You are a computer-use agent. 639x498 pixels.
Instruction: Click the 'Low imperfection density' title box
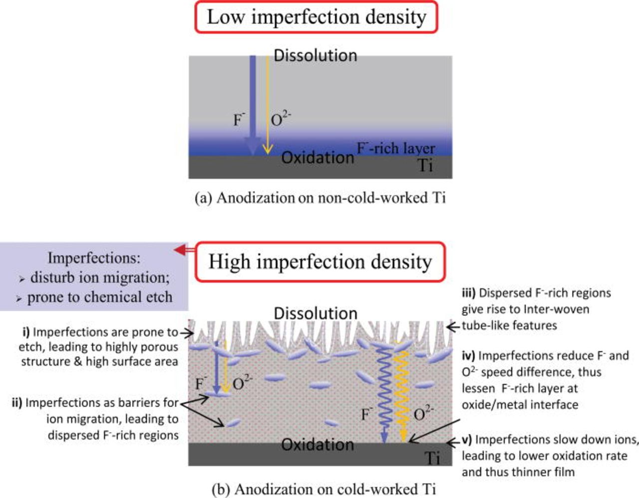[x=317, y=17]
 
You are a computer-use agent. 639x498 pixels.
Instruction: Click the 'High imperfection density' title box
[x=319, y=262]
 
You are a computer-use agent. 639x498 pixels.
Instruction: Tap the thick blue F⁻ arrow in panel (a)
[x=253, y=100]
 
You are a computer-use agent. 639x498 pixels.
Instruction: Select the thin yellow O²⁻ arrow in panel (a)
[x=268, y=100]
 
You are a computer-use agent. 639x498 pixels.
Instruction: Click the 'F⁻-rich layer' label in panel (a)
[x=395, y=148]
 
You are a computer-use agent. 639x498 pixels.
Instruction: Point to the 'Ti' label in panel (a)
[x=425, y=165]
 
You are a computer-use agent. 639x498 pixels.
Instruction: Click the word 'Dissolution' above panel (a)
[x=316, y=55]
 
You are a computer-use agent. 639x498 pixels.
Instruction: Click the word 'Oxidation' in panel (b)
[x=318, y=444]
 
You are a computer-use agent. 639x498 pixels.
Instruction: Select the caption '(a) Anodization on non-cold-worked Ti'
[x=320, y=198]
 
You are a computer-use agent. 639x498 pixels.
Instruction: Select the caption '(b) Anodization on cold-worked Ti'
[x=323, y=489]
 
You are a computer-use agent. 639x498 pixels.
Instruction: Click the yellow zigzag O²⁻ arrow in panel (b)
[x=402, y=389]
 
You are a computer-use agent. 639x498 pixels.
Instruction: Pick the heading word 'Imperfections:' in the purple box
[x=94, y=258]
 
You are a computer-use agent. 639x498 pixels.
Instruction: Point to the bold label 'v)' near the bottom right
[x=467, y=440]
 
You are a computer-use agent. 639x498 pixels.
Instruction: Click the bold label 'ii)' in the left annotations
[x=17, y=402]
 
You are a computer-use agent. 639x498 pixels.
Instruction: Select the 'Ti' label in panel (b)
[x=432, y=458]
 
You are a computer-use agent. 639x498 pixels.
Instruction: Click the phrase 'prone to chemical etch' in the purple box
[x=99, y=297]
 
